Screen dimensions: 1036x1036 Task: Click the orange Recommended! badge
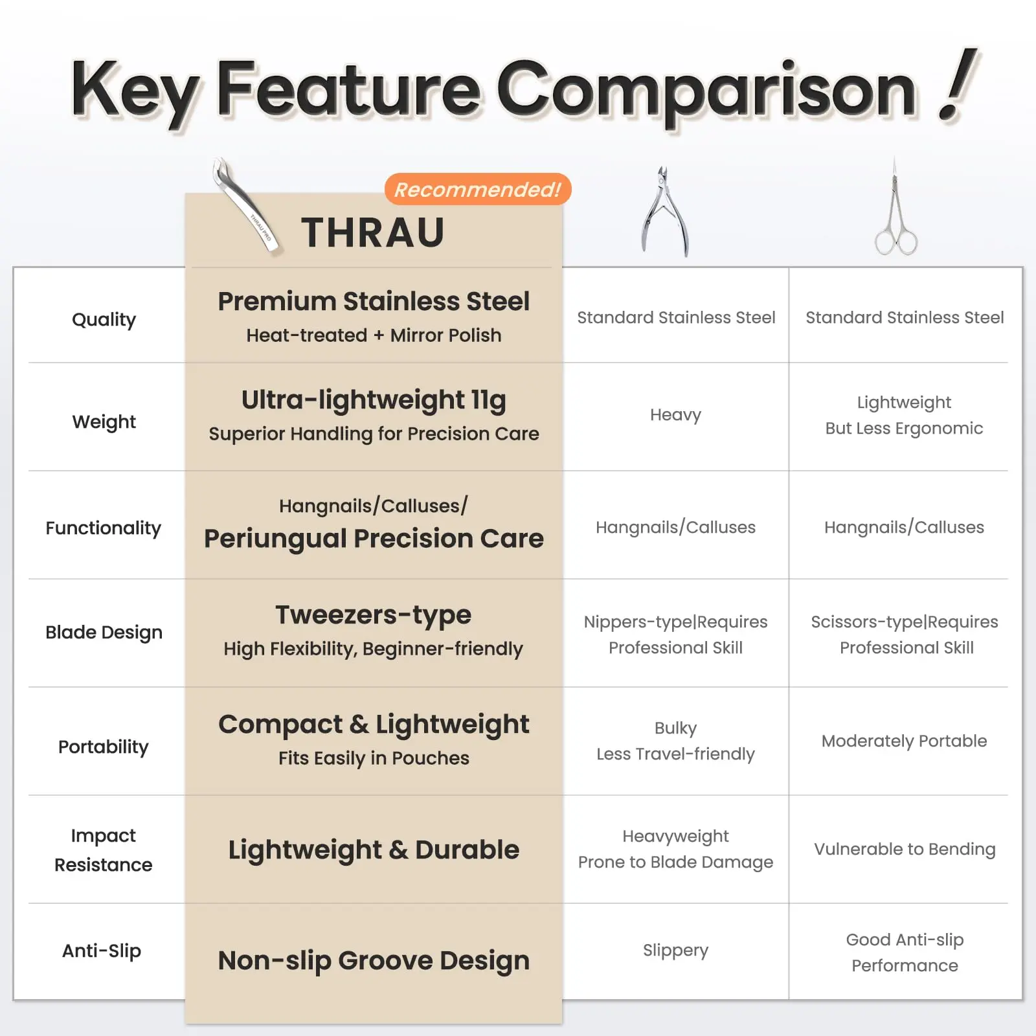(478, 189)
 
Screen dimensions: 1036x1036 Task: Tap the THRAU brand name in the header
(373, 232)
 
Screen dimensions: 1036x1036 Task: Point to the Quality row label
(104, 319)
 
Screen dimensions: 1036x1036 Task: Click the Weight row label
(104, 422)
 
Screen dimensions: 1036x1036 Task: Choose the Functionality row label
(104, 528)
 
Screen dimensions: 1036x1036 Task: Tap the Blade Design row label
(104, 633)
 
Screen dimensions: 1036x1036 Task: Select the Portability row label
(104, 747)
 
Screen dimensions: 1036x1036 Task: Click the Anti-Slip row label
(102, 951)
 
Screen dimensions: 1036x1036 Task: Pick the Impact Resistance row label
(104, 850)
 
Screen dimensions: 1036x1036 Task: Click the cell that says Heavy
(675, 415)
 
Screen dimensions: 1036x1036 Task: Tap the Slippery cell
(675, 951)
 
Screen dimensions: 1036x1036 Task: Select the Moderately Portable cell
(905, 741)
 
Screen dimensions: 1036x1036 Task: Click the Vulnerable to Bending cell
(905, 850)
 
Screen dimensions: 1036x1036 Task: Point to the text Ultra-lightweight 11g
(374, 400)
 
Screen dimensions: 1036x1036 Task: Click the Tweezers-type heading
(374, 615)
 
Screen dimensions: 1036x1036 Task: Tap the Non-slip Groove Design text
(374, 961)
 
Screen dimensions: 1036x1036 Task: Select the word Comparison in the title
(706, 91)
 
